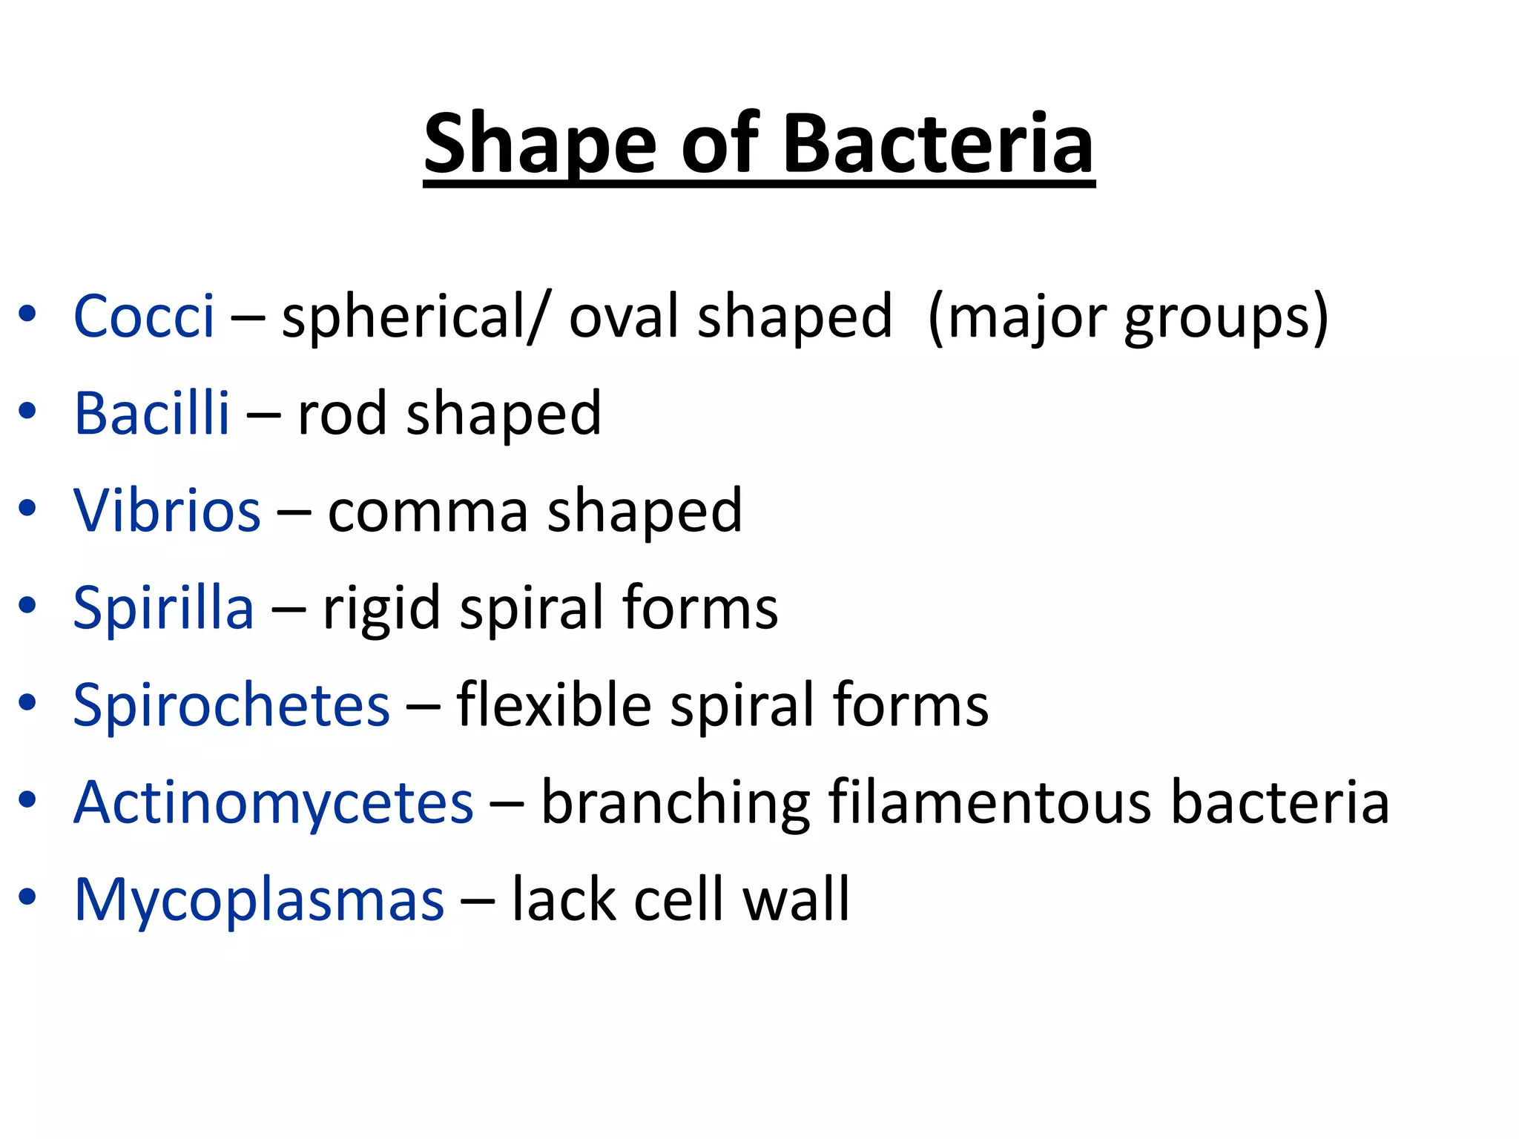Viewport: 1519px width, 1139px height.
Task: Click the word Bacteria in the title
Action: pos(938,145)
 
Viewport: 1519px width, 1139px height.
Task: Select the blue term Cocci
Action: pos(144,317)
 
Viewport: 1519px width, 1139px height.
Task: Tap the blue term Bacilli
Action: pos(151,414)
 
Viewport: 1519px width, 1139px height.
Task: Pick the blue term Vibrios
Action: pos(167,511)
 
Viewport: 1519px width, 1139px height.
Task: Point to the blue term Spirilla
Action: pos(163,608)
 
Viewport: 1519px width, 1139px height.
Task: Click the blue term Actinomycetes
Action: pos(273,802)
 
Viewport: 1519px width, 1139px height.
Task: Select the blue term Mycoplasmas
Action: pos(259,899)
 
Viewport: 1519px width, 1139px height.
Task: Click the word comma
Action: pos(428,512)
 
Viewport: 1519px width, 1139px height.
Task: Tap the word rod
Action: pos(342,414)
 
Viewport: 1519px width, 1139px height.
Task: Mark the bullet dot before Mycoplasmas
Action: pos(27,898)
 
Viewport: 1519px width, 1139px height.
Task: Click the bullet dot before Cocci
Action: pos(27,314)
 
